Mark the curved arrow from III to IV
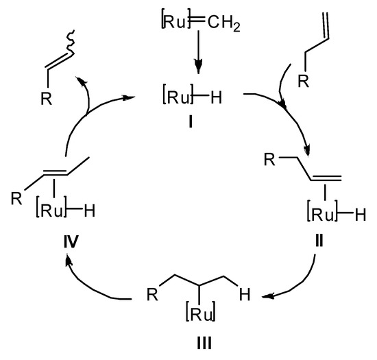point(89,281)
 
